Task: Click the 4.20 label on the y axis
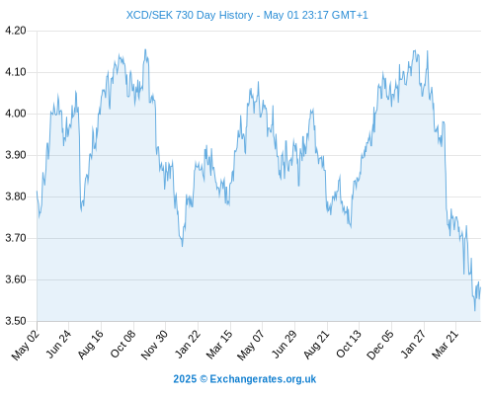16,31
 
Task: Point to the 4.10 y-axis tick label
16,72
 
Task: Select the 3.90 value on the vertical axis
16,155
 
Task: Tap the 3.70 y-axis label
16,238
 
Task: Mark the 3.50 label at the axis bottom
16,321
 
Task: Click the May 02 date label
26,345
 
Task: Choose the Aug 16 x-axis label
91,345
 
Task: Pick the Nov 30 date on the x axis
155,345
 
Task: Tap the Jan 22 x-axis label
188,344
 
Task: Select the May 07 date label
251,345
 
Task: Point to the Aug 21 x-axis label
316,345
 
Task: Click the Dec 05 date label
380,345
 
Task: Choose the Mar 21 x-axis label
446,345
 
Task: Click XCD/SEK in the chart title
149,15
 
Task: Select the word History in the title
236,15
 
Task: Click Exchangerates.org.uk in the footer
263,379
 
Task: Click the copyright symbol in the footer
204,379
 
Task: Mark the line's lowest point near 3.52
474,310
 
